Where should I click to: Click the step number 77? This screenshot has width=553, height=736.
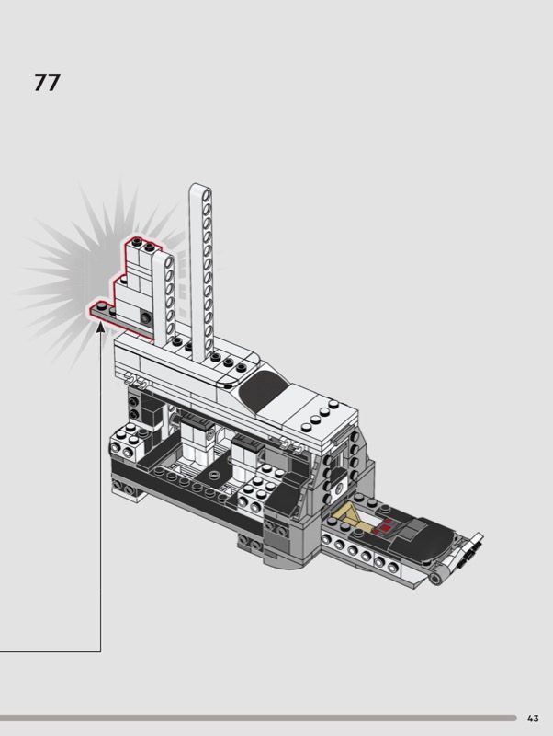(x=47, y=83)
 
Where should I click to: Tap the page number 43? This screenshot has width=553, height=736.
(x=533, y=719)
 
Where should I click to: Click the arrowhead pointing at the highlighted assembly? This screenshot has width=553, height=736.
(x=100, y=328)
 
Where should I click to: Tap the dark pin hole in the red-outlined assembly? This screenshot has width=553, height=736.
(x=147, y=317)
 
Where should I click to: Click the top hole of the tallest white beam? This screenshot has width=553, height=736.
(x=206, y=193)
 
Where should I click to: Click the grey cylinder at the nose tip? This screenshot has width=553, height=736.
(x=436, y=578)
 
